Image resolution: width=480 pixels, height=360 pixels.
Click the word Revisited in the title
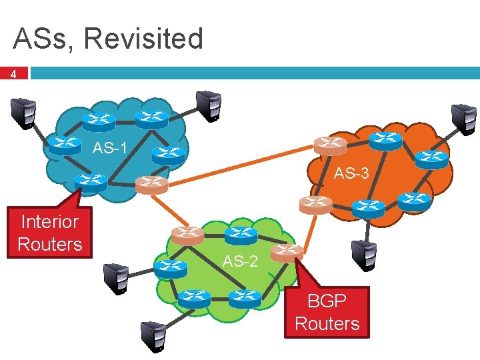pyautogui.click(x=143, y=39)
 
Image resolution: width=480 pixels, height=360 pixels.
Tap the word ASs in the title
pyautogui.click(x=43, y=39)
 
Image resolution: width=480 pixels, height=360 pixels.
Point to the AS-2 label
pyautogui.click(x=240, y=261)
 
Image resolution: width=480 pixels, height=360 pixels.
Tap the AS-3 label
pyautogui.click(x=351, y=174)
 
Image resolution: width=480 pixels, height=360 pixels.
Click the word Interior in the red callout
pyautogui.click(x=50, y=221)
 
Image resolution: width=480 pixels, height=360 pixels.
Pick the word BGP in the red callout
pyautogui.click(x=327, y=301)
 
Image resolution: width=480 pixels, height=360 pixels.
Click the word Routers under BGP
pyautogui.click(x=327, y=324)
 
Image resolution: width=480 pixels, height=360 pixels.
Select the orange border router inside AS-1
pyautogui.click(x=151, y=183)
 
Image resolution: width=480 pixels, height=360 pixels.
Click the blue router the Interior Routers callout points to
pyautogui.click(x=90, y=181)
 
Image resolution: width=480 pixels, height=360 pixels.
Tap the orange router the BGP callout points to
pyautogui.click(x=287, y=251)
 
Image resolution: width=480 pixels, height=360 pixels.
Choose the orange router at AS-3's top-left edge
pyautogui.click(x=331, y=143)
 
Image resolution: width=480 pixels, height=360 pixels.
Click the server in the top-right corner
pyautogui.click(x=463, y=118)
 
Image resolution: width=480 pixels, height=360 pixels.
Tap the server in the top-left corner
pyautogui.click(x=22, y=111)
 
